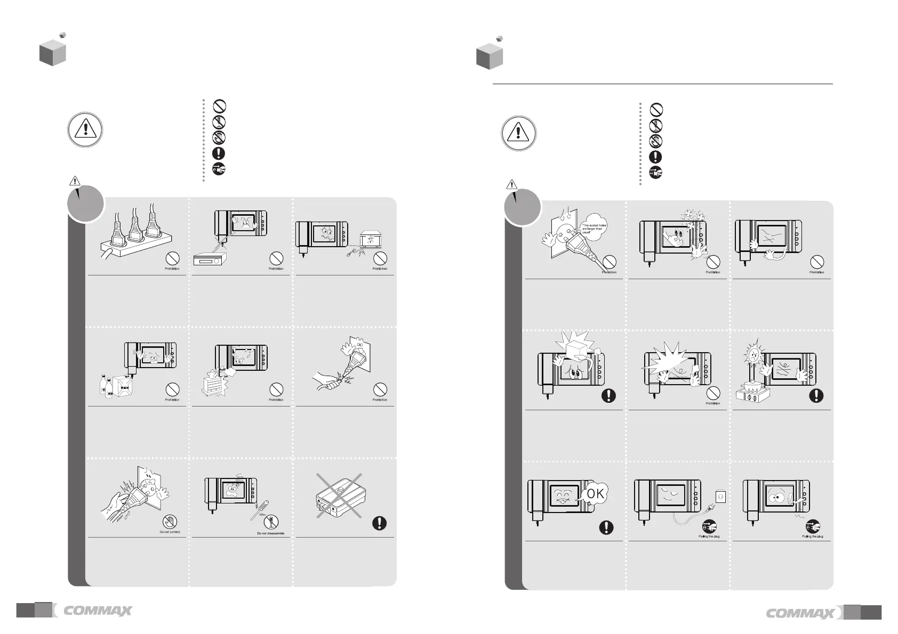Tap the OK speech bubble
pyautogui.click(x=595, y=495)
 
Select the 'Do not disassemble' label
pyautogui.click(x=271, y=533)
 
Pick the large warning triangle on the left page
pyautogui.click(x=85, y=130)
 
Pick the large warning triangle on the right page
pyautogui.click(x=518, y=133)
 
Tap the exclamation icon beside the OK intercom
pyautogui.click(x=606, y=527)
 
